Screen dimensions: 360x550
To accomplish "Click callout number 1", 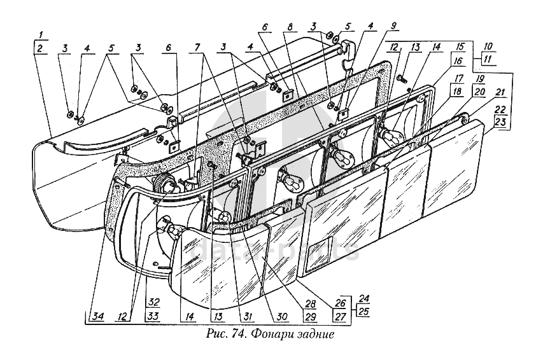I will [39, 34].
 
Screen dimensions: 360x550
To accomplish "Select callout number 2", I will [39, 48].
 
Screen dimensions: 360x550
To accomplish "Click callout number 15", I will [459, 46].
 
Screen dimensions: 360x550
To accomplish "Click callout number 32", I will [153, 301].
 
